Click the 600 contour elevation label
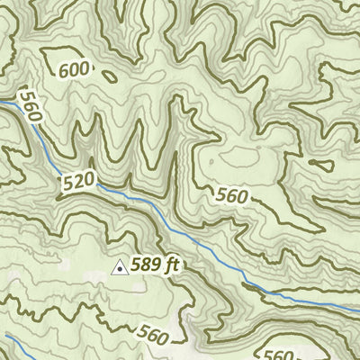76,70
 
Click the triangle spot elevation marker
119,266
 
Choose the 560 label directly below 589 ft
153,336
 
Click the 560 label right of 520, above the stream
231,193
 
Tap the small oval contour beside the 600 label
110,76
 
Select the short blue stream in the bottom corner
18,346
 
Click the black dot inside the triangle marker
119,268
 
